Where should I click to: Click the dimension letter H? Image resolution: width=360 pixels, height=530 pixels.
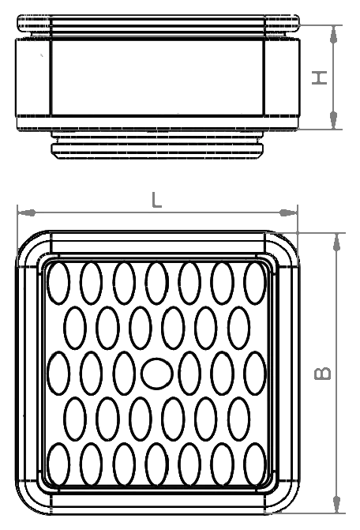[320, 77]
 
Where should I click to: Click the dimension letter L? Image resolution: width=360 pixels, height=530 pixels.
[156, 200]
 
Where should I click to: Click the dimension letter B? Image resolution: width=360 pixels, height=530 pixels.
[323, 373]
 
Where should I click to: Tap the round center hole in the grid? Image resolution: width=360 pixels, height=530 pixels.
[157, 373]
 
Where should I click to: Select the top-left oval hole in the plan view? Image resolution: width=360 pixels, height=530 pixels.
[58, 283]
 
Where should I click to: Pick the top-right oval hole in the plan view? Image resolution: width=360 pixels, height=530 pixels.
[255, 283]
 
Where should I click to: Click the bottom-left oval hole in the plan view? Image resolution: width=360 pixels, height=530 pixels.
[58, 464]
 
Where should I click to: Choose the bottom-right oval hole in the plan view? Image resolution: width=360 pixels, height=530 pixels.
[255, 464]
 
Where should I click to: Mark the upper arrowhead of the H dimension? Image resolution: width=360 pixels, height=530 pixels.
[334, 34]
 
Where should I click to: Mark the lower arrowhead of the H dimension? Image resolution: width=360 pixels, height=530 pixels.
[334, 120]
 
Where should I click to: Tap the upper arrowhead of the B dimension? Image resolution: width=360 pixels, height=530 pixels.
[336, 242]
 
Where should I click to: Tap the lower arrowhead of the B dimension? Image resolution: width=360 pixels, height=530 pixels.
[336, 505]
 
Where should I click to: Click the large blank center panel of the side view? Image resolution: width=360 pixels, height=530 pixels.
[157, 77]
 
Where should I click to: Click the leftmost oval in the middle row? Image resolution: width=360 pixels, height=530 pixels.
[58, 373]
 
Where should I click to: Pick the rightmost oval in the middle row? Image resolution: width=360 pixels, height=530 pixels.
[255, 373]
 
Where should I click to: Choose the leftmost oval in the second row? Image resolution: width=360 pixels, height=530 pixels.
[75, 328]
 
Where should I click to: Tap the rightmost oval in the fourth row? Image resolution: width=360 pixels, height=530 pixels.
[239, 419]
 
